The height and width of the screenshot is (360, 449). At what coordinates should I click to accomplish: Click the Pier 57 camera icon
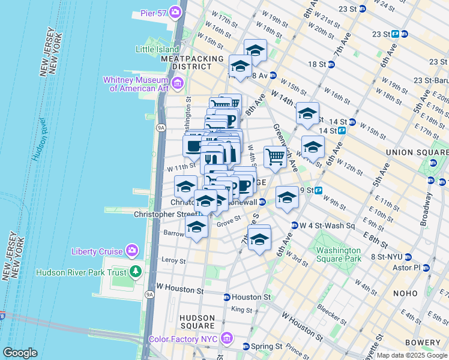pyautogui.click(x=176, y=11)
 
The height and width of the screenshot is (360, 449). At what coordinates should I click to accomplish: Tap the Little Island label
pyautogui.click(x=157, y=49)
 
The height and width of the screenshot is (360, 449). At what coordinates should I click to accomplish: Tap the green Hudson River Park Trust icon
pyautogui.click(x=136, y=272)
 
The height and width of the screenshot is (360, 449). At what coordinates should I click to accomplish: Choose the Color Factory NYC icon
pyautogui.click(x=226, y=339)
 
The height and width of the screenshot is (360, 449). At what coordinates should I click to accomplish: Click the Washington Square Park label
pyautogui.click(x=339, y=254)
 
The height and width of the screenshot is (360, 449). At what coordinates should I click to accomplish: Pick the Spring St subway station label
pyautogui.click(x=266, y=347)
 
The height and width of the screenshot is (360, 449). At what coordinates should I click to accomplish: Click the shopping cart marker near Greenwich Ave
pyautogui.click(x=275, y=157)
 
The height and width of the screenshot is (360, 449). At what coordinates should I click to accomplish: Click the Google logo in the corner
pyautogui.click(x=20, y=353)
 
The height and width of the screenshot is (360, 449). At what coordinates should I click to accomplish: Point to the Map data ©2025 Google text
pyautogui.click(x=412, y=355)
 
